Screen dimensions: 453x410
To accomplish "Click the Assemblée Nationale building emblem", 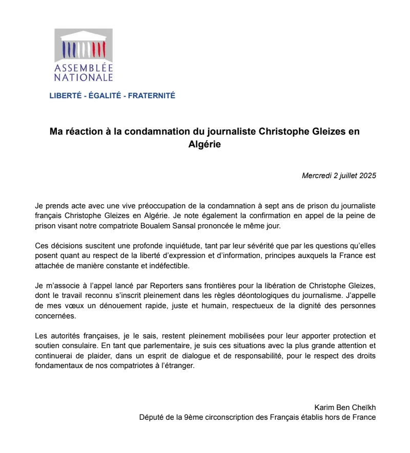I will (x=84, y=45).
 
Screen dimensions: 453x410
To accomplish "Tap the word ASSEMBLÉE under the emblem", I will (x=84, y=69).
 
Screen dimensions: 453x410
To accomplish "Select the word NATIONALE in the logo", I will (x=84, y=78).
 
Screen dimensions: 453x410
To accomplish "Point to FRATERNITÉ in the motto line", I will (x=151, y=96).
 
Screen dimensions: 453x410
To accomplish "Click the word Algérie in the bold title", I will (x=204, y=145).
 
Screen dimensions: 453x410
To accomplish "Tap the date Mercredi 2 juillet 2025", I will (x=339, y=176).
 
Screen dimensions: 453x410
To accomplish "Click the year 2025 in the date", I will (x=367, y=176).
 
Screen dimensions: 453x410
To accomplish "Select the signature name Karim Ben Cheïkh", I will (x=346, y=407).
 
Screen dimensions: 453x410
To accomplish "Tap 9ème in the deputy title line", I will (x=193, y=417).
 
